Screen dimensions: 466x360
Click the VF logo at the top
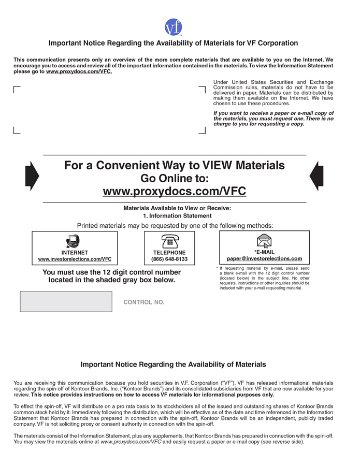pos(174,27)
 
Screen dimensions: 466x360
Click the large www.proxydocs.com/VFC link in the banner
pos(175,191)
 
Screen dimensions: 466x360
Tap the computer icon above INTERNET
pos(73,241)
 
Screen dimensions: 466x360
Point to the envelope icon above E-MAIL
pos(264,241)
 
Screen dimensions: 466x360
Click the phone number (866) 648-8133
pos(169,259)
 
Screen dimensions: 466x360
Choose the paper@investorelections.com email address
pos(265,258)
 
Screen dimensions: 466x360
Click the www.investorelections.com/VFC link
pos(75,259)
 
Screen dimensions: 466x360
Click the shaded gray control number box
pos(66,301)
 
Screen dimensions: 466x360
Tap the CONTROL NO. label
pos(143,302)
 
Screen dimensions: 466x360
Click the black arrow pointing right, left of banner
pos(32,176)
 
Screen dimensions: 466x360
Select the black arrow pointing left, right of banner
pos(316,176)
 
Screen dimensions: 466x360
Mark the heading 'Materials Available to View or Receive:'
pos(177,208)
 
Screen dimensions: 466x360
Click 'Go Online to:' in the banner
pos(175,179)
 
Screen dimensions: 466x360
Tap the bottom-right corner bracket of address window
pos(202,130)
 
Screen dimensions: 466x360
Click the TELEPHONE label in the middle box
pos(169,253)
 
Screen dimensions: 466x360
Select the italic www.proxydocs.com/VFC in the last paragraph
pos(131,442)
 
